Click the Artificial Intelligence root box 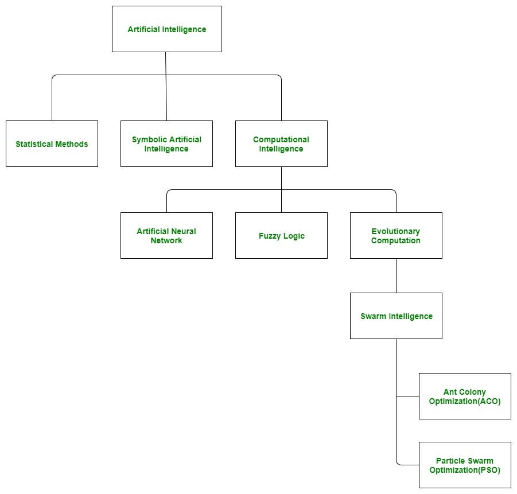pos(166,29)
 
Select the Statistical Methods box pos(52,144)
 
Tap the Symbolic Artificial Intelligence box pos(166,144)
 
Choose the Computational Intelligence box pos(281,144)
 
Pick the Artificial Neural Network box pos(166,236)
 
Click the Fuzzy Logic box pos(281,236)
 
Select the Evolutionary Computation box pos(396,236)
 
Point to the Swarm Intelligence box pos(396,316)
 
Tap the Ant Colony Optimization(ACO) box pos(465,396)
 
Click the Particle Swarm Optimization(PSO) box pos(465,465)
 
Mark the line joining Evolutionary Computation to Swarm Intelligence pos(396,275)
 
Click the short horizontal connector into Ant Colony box pos(407,396)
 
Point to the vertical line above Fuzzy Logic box pos(281,201)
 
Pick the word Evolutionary pos(396,231)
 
